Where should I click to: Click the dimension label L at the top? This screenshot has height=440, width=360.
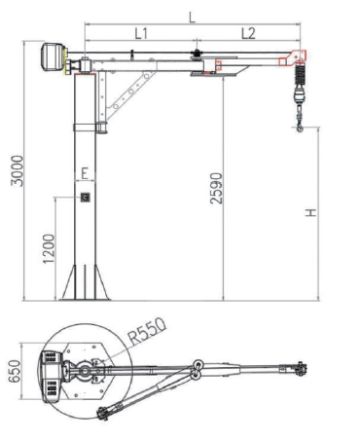[x=193, y=17]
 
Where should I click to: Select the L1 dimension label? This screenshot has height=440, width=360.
[x=141, y=33]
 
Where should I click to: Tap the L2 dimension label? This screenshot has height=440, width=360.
[x=248, y=33]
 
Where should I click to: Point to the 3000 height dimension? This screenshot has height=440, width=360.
[x=18, y=170]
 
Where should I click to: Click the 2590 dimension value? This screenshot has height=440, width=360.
[x=216, y=188]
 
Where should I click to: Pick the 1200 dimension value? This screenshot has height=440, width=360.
[x=49, y=249]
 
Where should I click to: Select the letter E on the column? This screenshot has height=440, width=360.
[x=85, y=173]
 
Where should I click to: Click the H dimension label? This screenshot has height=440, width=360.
[x=310, y=213]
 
